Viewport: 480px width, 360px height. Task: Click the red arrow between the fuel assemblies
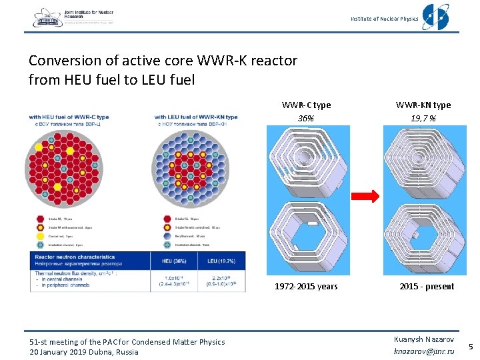pos(366,196)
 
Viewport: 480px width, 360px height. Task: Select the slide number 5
pos(470,347)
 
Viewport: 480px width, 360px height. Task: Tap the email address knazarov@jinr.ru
pos(424,351)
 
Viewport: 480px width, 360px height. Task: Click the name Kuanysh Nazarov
pos(424,339)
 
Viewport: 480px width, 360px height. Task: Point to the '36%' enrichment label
pos(306,117)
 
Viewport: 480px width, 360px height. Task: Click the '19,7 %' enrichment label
pos(423,117)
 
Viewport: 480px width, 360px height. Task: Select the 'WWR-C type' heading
pos(306,105)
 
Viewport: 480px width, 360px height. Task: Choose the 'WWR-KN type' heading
pos(423,105)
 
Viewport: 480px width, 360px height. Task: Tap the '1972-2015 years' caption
pos(306,287)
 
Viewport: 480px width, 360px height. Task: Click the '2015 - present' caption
pos(427,287)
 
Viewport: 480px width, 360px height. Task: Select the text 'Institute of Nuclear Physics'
pos(384,19)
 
